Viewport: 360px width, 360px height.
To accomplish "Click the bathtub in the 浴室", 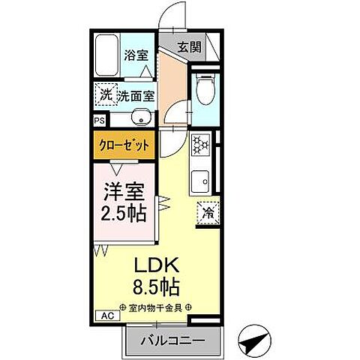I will coord(107,54).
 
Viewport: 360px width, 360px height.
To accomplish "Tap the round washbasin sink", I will coord(139,117).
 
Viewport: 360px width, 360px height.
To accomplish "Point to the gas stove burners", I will coord(200,143).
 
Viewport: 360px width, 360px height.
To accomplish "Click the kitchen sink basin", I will coord(200,180).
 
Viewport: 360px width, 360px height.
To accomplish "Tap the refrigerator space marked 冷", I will coord(208,212).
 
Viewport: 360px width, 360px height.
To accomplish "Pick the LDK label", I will coord(156,265).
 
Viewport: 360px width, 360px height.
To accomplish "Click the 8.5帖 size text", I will coord(156,286).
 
